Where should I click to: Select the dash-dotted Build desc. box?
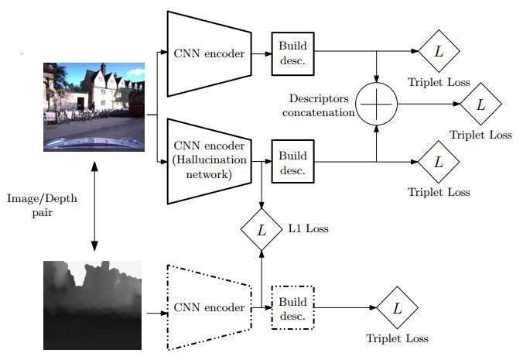pyautogui.click(x=293, y=307)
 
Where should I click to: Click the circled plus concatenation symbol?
pyautogui.click(x=377, y=103)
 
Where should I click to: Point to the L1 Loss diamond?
pyautogui.click(x=261, y=229)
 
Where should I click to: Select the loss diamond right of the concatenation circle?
pyautogui.click(x=480, y=104)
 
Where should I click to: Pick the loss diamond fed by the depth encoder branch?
pyautogui.click(x=397, y=307)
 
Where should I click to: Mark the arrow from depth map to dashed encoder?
pyautogui.click(x=155, y=314)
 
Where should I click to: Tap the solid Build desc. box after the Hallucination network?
pyautogui.click(x=293, y=162)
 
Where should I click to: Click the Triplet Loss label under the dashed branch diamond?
pyautogui.click(x=397, y=338)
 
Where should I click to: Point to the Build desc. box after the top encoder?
pyautogui.click(x=293, y=53)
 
